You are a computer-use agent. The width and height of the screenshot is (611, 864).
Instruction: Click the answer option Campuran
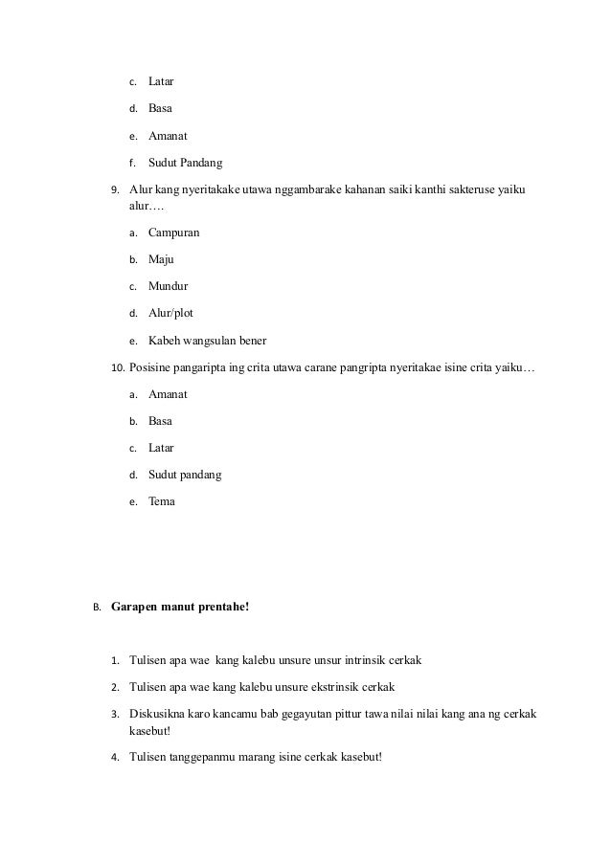click(x=174, y=233)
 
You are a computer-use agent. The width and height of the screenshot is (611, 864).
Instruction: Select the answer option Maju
click(x=161, y=259)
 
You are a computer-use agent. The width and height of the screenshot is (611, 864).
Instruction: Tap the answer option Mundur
click(x=168, y=286)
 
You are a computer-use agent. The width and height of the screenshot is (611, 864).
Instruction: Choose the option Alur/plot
click(x=170, y=313)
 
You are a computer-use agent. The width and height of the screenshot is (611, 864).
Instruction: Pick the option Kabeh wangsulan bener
click(x=207, y=340)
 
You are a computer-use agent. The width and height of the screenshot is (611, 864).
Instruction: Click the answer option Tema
click(x=162, y=500)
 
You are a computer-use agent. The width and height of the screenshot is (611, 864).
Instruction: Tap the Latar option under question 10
click(x=161, y=447)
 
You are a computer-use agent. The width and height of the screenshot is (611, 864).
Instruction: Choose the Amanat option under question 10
click(x=168, y=393)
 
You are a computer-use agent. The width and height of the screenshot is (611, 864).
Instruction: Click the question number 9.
click(x=116, y=188)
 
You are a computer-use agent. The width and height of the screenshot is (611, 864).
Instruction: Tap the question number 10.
click(x=117, y=366)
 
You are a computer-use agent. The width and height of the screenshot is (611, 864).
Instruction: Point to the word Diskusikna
click(x=161, y=714)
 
